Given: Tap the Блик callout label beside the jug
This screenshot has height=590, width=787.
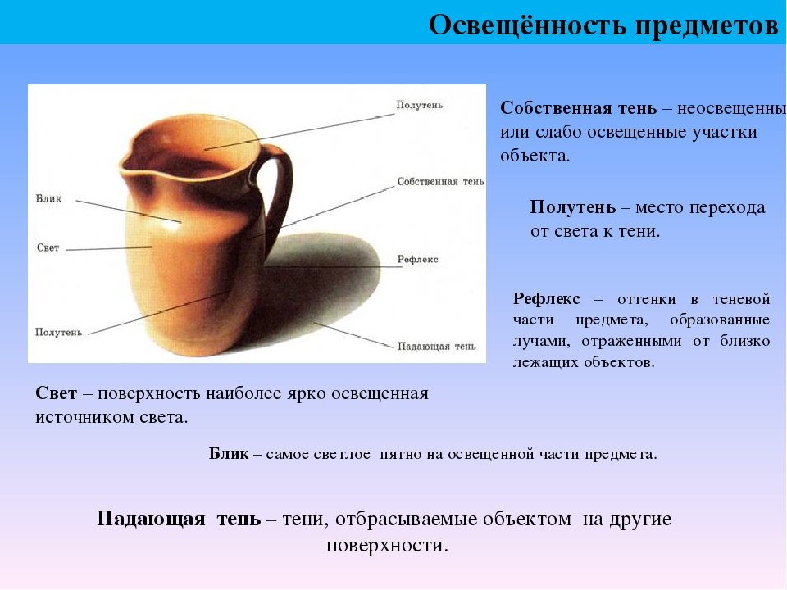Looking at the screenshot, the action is pos(48,198).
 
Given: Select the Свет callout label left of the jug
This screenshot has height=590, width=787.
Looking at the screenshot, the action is pos(48,247).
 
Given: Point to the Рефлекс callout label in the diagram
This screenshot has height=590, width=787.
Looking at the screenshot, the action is pos(417,260).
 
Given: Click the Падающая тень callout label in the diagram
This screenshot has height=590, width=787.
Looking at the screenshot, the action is pos(437,346).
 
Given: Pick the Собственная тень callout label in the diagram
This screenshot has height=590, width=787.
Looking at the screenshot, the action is pos(441,182).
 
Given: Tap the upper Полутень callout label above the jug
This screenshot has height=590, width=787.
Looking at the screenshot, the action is pos(420,105).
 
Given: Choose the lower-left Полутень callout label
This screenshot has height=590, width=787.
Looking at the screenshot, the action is pos(58,332).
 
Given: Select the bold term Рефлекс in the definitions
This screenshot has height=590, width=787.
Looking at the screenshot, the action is pos(546,300).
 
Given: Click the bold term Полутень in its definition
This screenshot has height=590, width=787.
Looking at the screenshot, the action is pos(573,207).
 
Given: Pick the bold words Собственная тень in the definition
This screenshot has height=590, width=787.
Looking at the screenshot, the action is pos(578,108).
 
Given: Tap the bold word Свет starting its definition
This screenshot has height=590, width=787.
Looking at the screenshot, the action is pos(57,393).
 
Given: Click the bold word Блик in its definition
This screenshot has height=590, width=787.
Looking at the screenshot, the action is pos(229,453).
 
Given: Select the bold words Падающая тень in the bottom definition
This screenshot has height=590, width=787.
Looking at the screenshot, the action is pos(179,519).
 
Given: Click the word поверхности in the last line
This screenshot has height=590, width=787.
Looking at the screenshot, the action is pos(386,546).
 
